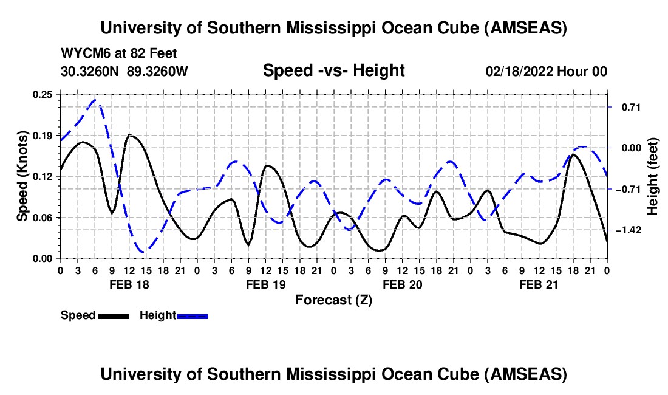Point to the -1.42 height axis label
pos(625,230)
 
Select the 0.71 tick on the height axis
pos(625,107)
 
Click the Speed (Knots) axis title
pos(22,176)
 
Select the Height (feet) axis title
pos(653,176)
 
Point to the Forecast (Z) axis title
pos(333,300)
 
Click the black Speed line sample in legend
pos(113,315)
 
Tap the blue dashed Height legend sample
pos(192,315)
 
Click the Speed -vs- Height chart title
pos(333,70)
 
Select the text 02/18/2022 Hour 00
pos(547,71)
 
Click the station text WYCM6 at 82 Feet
pos(119,54)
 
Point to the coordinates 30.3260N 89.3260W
pos(124,71)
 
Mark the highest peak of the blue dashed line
pos(95,100)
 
